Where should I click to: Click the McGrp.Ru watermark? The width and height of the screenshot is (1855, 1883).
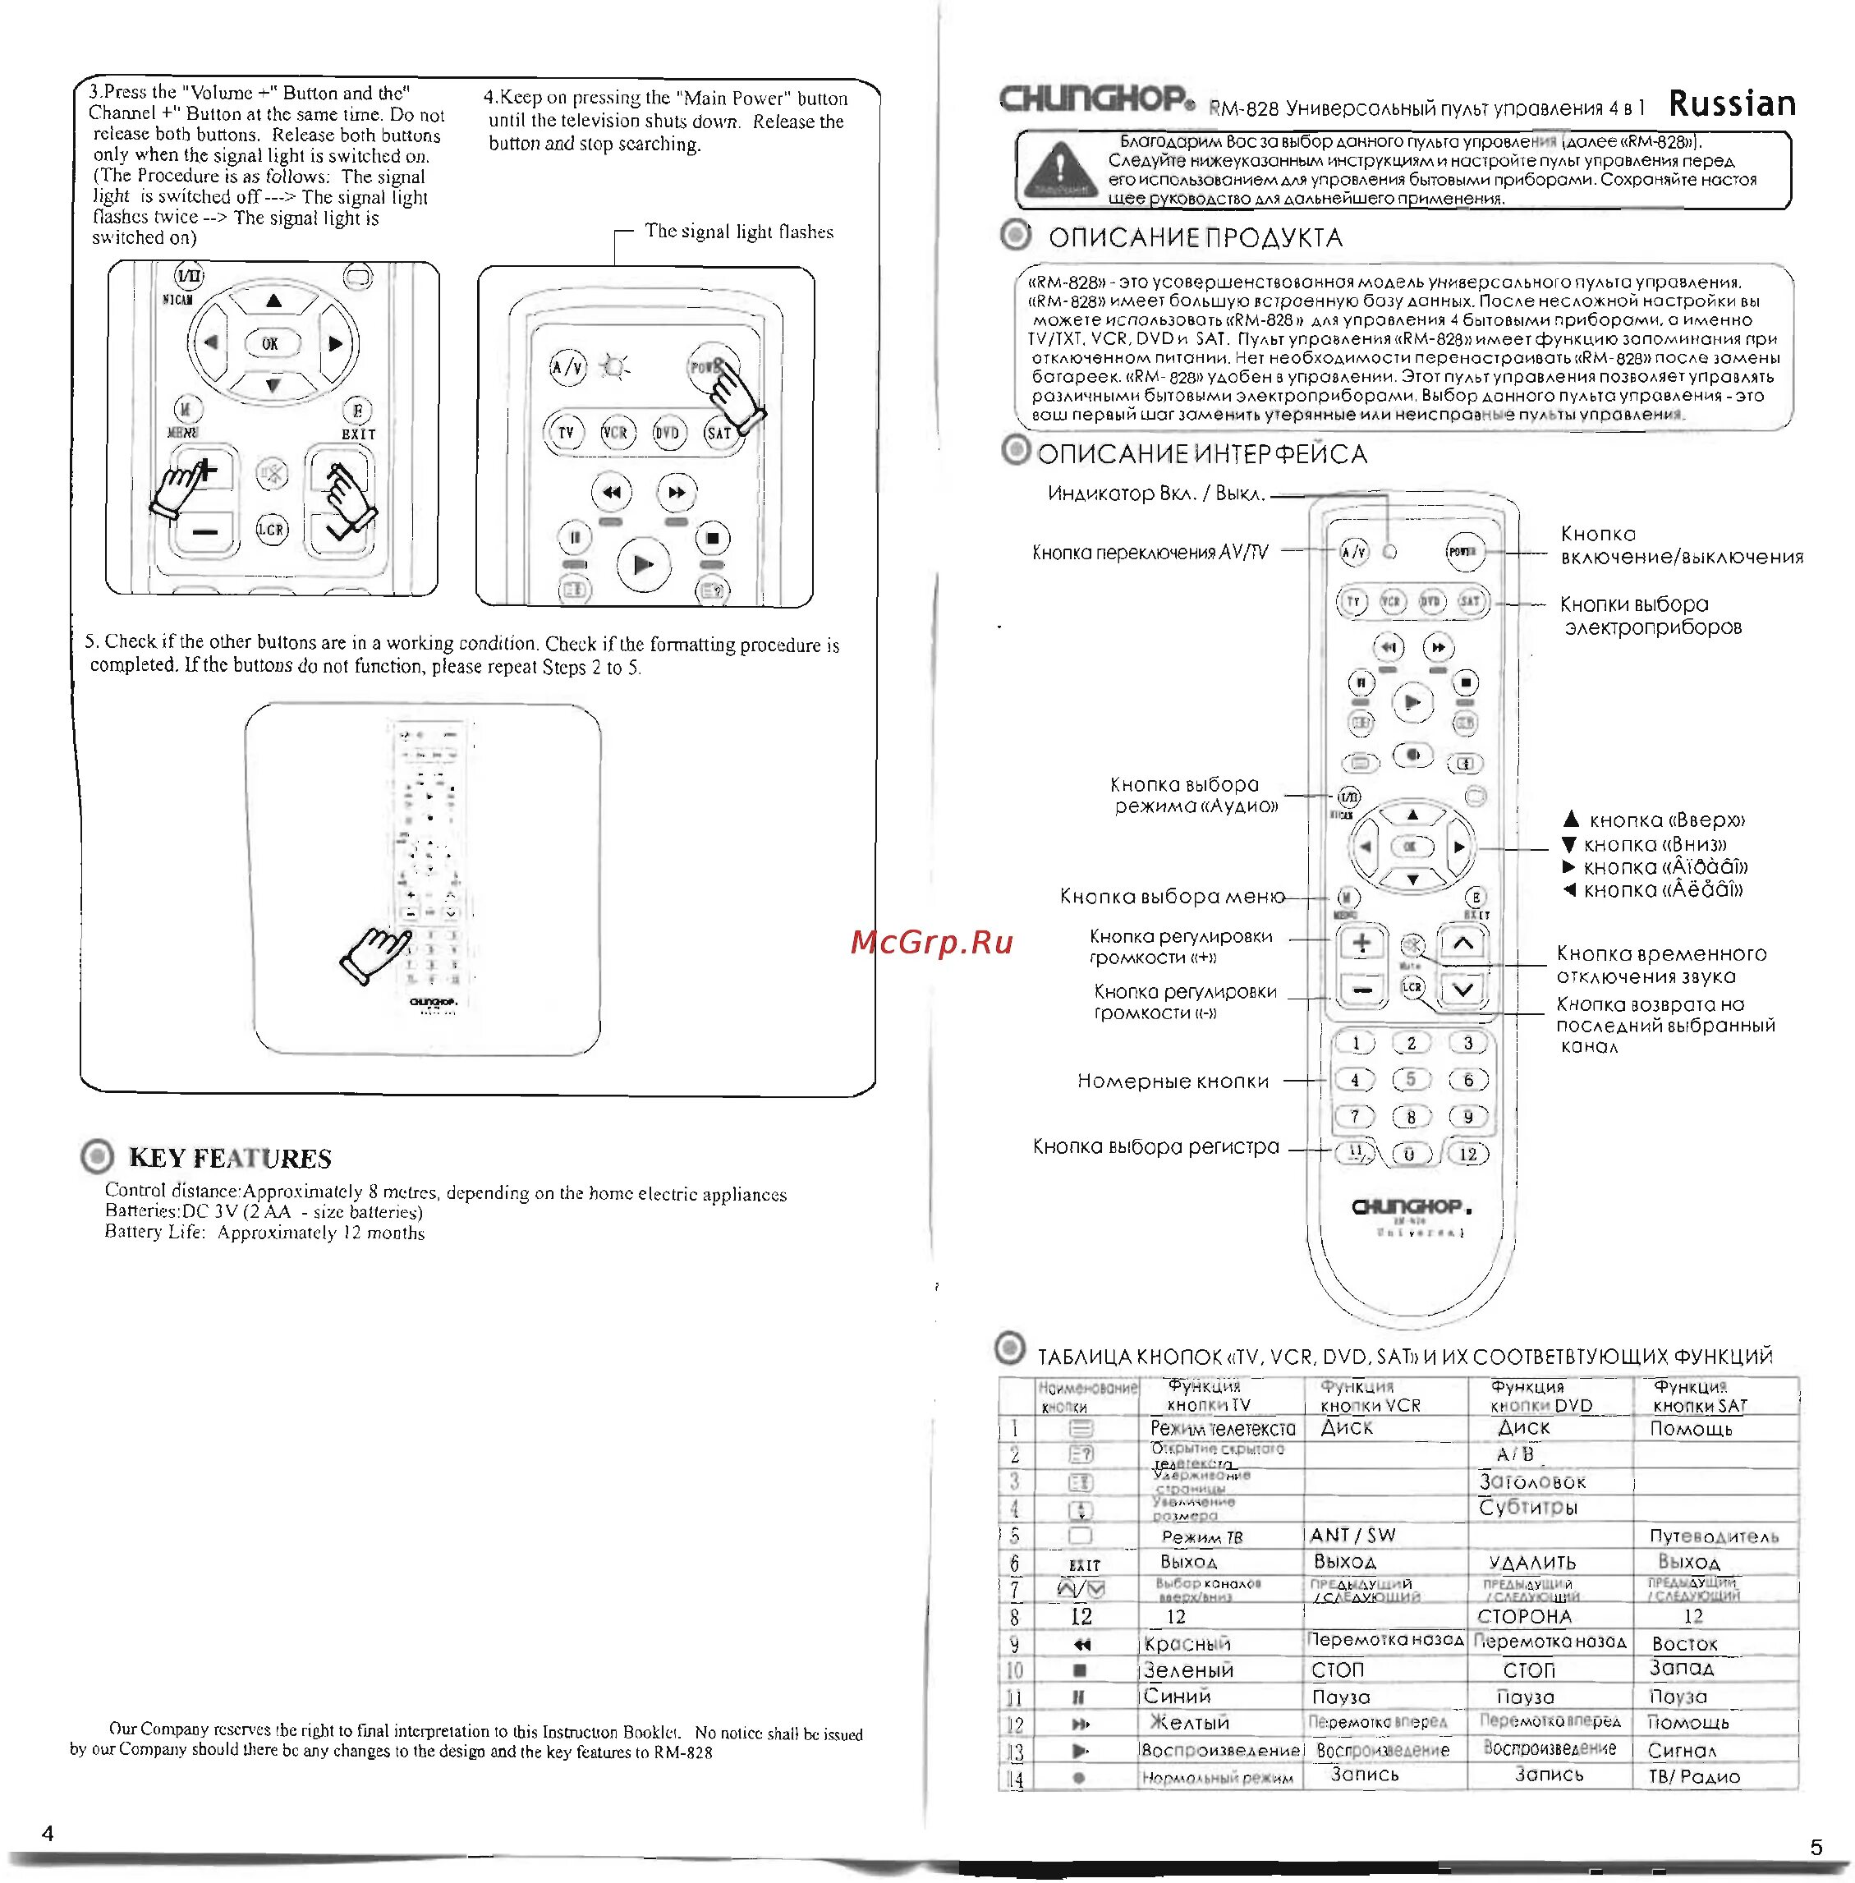click(931, 942)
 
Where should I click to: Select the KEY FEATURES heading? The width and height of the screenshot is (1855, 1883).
click(230, 1157)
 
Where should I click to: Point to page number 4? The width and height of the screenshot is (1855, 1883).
click(48, 1832)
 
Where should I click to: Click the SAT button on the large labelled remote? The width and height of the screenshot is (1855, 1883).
click(1469, 602)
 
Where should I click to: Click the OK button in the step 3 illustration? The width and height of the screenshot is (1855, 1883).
click(270, 343)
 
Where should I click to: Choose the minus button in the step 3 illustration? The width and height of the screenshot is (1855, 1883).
click(204, 532)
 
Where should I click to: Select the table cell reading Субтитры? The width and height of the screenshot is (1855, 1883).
click(1527, 1507)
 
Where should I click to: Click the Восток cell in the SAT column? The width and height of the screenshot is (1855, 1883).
click(1684, 1643)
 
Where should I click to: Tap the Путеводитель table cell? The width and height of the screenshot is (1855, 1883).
click(1713, 1536)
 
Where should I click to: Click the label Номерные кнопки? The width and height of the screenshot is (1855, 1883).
click(1172, 1081)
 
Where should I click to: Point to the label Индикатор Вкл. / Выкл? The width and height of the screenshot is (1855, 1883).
click(1155, 494)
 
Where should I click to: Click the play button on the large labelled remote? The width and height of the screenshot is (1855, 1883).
click(1412, 702)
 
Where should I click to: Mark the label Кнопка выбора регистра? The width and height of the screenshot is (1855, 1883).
click(1155, 1146)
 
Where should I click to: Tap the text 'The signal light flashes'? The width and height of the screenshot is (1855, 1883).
click(738, 232)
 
